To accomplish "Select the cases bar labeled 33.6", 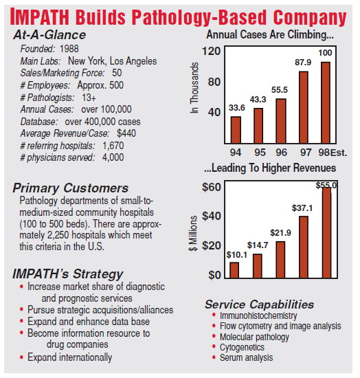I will (x=236, y=126).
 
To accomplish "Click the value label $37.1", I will (x=303, y=207).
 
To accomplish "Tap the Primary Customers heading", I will (x=70, y=188).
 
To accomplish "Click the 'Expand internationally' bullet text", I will (x=70, y=357).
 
